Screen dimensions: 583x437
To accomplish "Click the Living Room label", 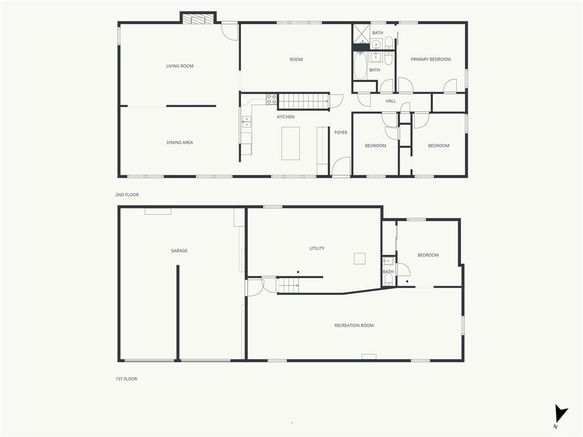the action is click(179, 66).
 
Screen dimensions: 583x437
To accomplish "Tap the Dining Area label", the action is click(179, 142).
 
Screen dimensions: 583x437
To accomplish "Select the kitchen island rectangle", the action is click(291, 143).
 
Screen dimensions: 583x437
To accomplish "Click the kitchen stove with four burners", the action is click(272, 99).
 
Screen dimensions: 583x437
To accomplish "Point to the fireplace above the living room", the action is click(198, 19).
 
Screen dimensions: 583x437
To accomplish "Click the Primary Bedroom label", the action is click(430, 59).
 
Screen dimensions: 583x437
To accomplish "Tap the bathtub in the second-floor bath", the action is click(360, 66).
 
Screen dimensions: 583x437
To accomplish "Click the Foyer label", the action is click(340, 132).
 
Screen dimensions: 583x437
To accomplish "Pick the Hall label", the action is click(391, 101).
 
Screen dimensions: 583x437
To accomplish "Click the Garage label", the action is click(179, 251).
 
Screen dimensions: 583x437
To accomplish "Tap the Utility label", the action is click(317, 248).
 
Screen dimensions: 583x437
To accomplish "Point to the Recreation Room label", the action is click(354, 325).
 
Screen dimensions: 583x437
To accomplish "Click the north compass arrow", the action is click(561, 413).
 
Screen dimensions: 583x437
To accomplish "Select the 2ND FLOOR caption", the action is click(127, 195).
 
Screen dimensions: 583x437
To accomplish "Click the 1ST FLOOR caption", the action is click(126, 379).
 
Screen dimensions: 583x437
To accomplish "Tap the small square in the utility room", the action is click(360, 259).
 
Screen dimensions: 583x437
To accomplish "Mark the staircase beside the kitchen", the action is click(304, 101).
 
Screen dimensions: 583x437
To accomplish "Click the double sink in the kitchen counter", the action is click(247, 122).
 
